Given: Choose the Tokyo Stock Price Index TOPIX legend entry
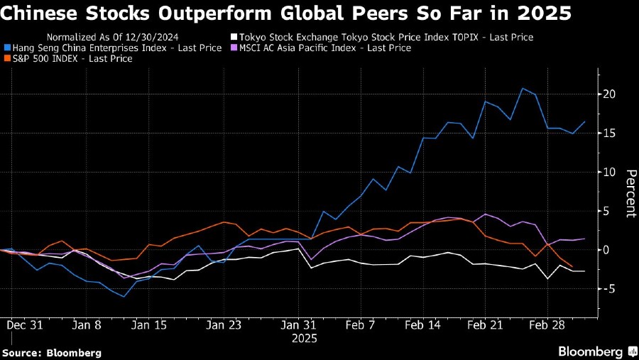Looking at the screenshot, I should pyautogui.click(x=384, y=37).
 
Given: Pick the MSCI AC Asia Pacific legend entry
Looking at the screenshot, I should pyautogui.click(x=324, y=48).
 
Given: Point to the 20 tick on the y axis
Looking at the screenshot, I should pyautogui.click(x=609, y=94).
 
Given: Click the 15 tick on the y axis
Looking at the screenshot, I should pyautogui.click(x=609, y=133).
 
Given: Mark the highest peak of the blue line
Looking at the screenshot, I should pyautogui.click(x=523, y=89).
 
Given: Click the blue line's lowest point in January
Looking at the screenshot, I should pyautogui.click(x=124, y=296).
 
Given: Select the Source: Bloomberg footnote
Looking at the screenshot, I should pyautogui.click(x=51, y=352).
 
